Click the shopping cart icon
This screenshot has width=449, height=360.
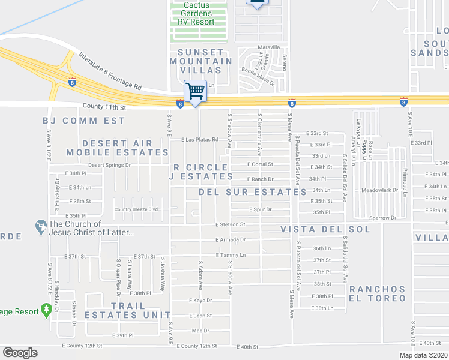(195, 91)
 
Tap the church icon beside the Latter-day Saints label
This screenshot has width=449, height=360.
(41, 227)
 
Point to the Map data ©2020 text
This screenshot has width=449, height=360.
(423, 355)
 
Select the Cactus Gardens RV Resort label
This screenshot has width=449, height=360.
(200, 13)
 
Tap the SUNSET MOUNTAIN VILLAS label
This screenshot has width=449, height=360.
(200, 61)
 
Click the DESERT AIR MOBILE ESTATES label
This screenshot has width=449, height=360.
(126, 148)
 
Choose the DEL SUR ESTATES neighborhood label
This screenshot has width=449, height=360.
(253, 192)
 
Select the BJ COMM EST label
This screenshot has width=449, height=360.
(84, 121)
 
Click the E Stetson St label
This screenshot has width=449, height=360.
(231, 224)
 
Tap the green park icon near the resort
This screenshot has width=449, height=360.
(46, 310)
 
